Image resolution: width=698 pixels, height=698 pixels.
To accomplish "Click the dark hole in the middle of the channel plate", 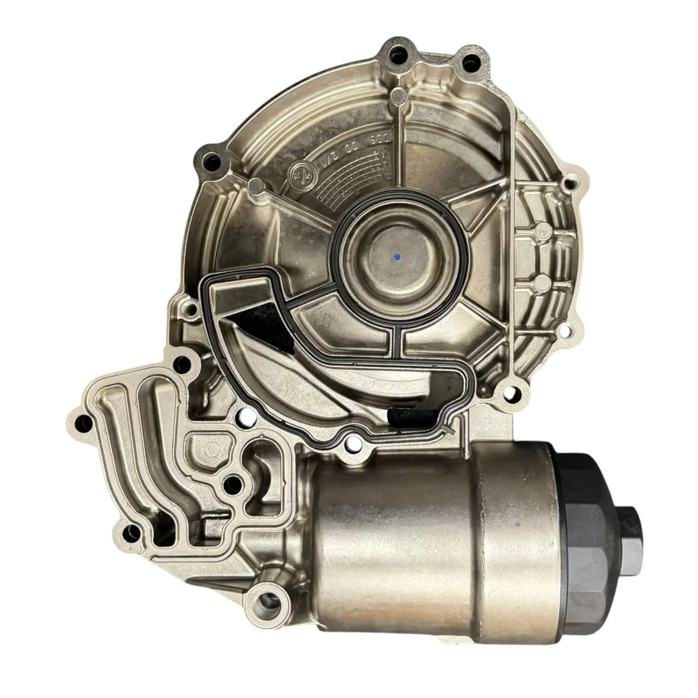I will point(233,481).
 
